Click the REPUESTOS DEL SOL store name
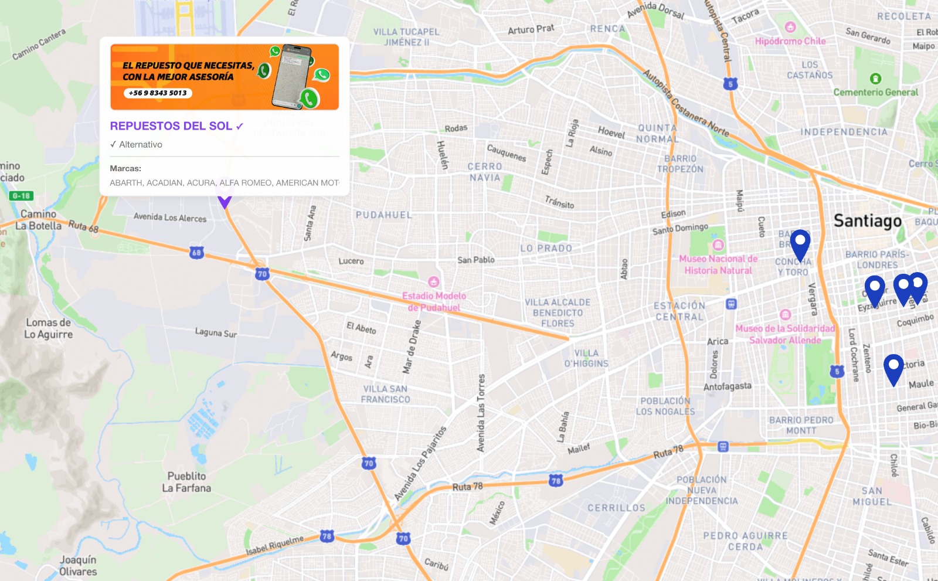(x=171, y=126)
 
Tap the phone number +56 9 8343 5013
(x=158, y=93)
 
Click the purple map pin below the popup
(x=225, y=201)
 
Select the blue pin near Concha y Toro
(x=800, y=242)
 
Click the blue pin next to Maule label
(x=893, y=366)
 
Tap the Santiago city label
(x=868, y=221)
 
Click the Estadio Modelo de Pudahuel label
(x=434, y=301)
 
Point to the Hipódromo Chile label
(x=790, y=41)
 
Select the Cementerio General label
(x=876, y=92)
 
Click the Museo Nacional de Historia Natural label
(x=718, y=264)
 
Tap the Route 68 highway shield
(x=196, y=253)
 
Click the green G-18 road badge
(x=21, y=196)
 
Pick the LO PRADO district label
(x=546, y=249)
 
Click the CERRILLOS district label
(x=616, y=508)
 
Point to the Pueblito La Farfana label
(x=186, y=482)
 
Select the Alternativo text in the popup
(x=141, y=145)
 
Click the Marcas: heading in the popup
(x=125, y=168)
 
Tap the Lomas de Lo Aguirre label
(x=49, y=328)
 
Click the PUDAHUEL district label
(x=384, y=215)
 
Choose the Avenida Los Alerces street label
(x=170, y=218)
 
